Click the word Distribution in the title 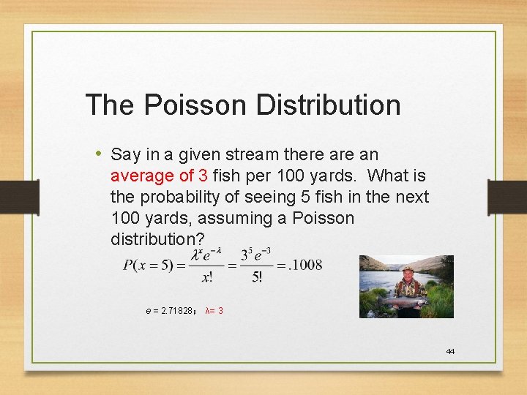[328, 105]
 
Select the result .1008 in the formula [305, 265]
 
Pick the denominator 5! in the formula [257, 276]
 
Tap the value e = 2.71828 [169, 311]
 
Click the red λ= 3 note [214, 311]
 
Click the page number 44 [450, 352]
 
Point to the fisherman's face [408, 276]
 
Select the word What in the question [386, 176]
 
